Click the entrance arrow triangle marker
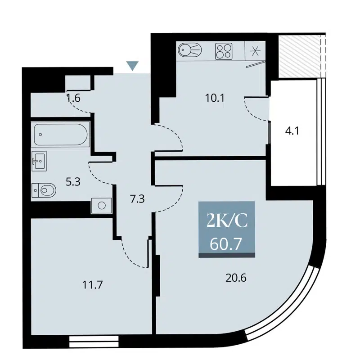tap(132, 66)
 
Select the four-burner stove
tap(224, 51)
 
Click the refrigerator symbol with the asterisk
tap(256, 50)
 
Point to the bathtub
tap(61, 134)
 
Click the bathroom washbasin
tap(39, 161)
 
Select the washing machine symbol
tap(101, 206)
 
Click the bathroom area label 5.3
tap(73, 182)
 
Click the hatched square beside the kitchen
tap(297, 57)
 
